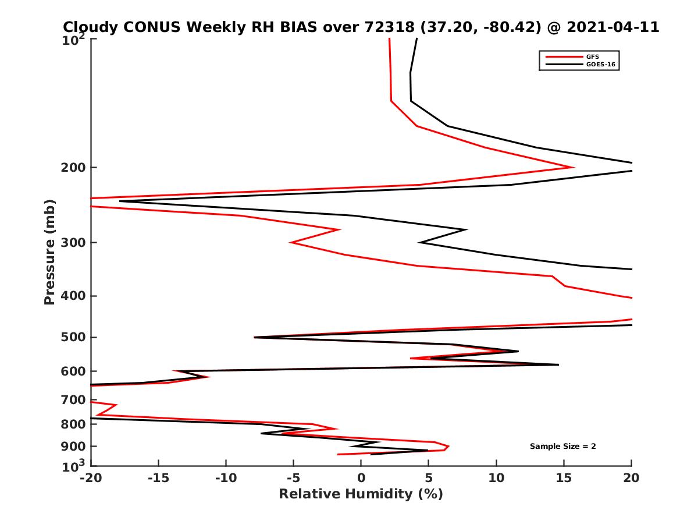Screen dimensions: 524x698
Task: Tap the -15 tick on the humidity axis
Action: point(158,479)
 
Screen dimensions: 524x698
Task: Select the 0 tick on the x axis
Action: point(361,479)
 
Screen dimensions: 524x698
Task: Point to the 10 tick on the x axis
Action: point(496,479)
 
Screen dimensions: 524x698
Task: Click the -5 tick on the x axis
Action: point(293,479)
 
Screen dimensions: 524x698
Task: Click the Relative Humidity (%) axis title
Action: point(361,494)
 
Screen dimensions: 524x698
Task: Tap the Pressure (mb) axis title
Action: point(49,252)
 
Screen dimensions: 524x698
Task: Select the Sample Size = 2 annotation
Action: point(562,447)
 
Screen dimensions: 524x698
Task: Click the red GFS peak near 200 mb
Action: point(574,168)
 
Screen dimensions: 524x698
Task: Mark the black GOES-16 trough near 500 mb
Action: point(255,337)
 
